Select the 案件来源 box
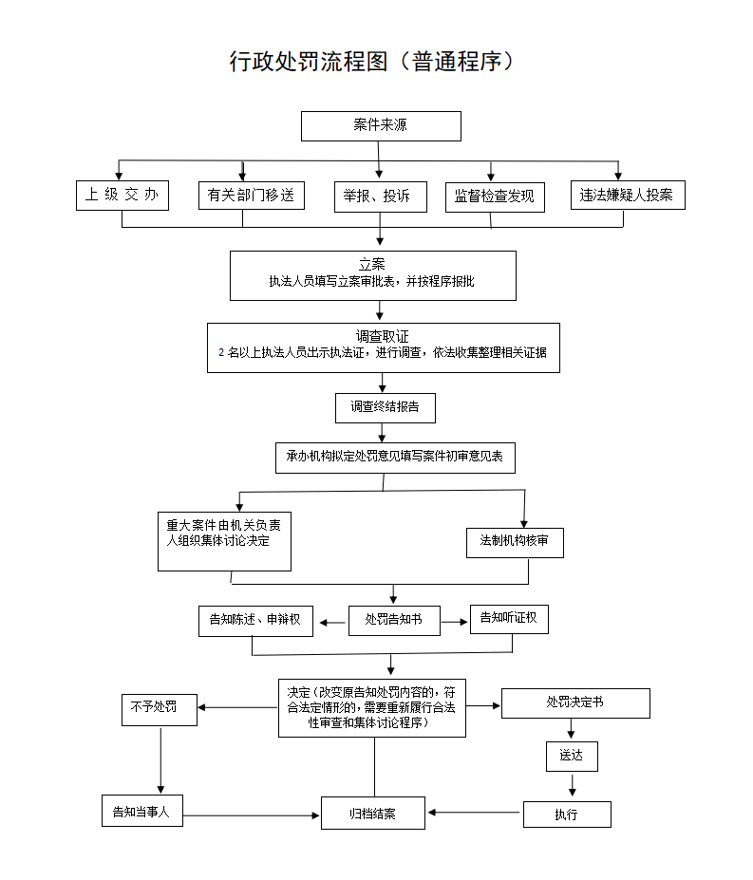[x=381, y=126]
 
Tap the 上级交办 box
[x=122, y=196]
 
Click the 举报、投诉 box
[x=380, y=197]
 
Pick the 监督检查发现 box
[x=495, y=197]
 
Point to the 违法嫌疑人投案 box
[x=627, y=196]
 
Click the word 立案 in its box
[x=372, y=264]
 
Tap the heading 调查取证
[x=383, y=336]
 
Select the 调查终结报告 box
[x=385, y=407]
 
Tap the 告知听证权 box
[x=509, y=618]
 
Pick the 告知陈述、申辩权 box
[x=255, y=620]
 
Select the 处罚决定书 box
[x=575, y=703]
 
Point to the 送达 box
[x=572, y=757]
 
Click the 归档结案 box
[x=373, y=814]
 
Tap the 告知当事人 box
[x=141, y=812]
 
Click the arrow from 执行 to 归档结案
[x=475, y=813]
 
